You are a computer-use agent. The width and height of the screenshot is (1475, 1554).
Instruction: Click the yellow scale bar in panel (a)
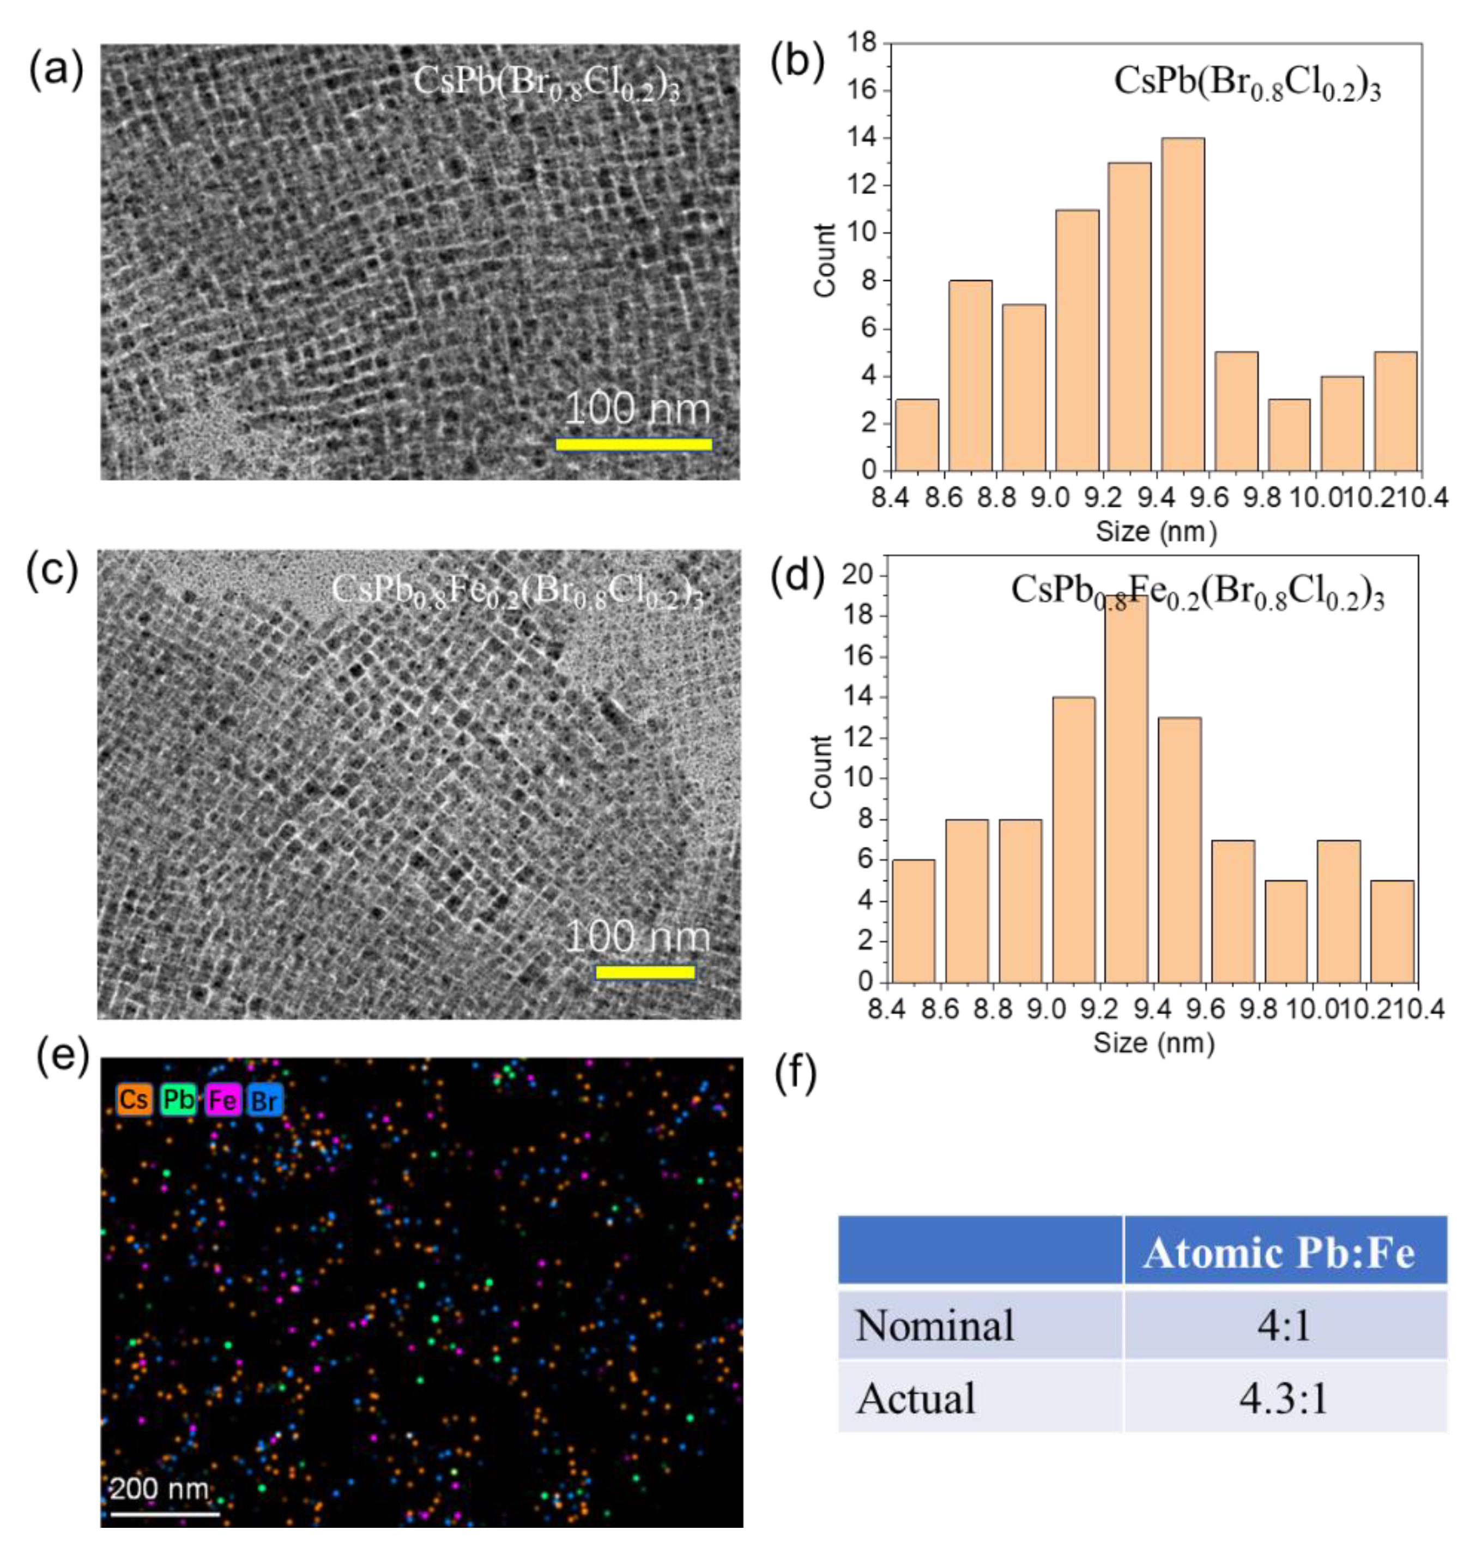point(634,444)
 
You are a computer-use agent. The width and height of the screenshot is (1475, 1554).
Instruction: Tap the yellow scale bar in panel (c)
point(645,972)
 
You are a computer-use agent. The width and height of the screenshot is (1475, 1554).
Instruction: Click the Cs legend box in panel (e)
point(134,1099)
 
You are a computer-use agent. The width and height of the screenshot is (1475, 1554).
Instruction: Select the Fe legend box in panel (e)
point(222,1099)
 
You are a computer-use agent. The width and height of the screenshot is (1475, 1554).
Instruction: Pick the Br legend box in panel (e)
point(265,1099)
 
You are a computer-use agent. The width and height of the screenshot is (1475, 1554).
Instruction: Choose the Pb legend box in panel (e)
point(178,1099)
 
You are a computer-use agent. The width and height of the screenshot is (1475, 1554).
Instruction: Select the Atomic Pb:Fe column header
point(1279,1252)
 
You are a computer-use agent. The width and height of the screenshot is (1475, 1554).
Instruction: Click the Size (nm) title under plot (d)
point(1153,1043)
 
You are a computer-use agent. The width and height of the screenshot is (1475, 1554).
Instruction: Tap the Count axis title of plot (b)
point(825,260)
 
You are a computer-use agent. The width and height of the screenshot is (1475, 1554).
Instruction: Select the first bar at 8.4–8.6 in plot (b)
point(917,435)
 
